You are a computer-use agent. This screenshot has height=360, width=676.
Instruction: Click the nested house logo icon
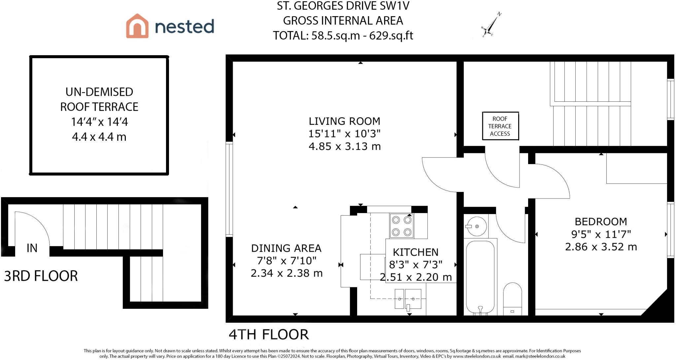tap(137, 26)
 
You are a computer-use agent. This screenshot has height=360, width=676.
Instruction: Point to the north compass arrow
tap(491, 24)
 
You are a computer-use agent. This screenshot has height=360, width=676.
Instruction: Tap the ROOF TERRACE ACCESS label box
tap(500, 126)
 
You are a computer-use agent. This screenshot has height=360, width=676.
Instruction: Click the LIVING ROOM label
tap(344, 121)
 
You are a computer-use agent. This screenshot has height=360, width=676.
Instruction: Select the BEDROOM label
tap(601, 222)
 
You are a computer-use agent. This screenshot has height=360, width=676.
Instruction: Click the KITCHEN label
tap(416, 252)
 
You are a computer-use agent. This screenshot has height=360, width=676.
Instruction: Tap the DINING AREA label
tap(286, 248)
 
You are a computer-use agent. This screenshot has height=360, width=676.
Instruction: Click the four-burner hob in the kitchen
tap(402, 226)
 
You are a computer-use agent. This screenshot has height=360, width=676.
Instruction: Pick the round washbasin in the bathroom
tap(477, 226)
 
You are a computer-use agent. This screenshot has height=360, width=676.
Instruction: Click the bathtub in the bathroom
tap(480, 277)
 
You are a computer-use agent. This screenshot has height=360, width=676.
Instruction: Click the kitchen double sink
tap(408, 299)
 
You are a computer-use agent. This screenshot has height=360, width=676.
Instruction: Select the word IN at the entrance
tap(32, 248)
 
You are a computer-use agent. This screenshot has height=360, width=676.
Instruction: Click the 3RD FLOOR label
tap(41, 276)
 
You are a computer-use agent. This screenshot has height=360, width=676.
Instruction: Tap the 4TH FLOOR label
tap(269, 335)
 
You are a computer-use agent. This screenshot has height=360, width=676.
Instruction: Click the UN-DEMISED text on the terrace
tap(99, 92)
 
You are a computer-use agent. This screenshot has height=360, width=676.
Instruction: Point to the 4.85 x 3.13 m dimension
tap(345, 146)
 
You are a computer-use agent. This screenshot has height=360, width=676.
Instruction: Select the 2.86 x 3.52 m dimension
tap(601, 247)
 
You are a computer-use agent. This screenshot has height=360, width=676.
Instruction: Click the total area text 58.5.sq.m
tap(336, 35)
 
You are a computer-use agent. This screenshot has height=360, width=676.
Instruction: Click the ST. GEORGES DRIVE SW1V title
tap(343, 6)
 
